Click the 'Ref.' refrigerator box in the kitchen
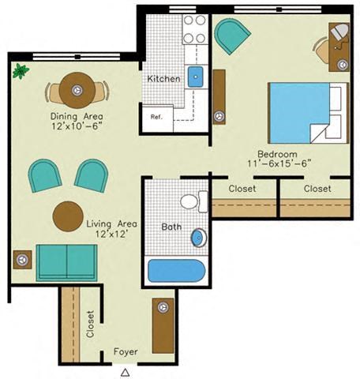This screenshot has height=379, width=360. tap(155, 112)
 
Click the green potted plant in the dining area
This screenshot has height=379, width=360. tap(19, 72)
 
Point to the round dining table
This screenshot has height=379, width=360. tap(77, 89)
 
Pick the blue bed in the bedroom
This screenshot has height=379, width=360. tap(297, 111)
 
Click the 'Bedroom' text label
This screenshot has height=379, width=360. tap(276, 153)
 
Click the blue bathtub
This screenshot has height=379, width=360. tap(176, 271)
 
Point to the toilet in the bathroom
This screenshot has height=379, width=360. tap(190, 201)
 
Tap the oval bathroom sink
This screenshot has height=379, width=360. tap(198, 237)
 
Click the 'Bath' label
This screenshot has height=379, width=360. tap(171, 227)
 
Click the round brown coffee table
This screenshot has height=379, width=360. tap(68, 215)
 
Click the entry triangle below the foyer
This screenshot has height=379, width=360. tap(125, 370)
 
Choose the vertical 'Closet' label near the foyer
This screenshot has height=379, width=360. tap(89, 324)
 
